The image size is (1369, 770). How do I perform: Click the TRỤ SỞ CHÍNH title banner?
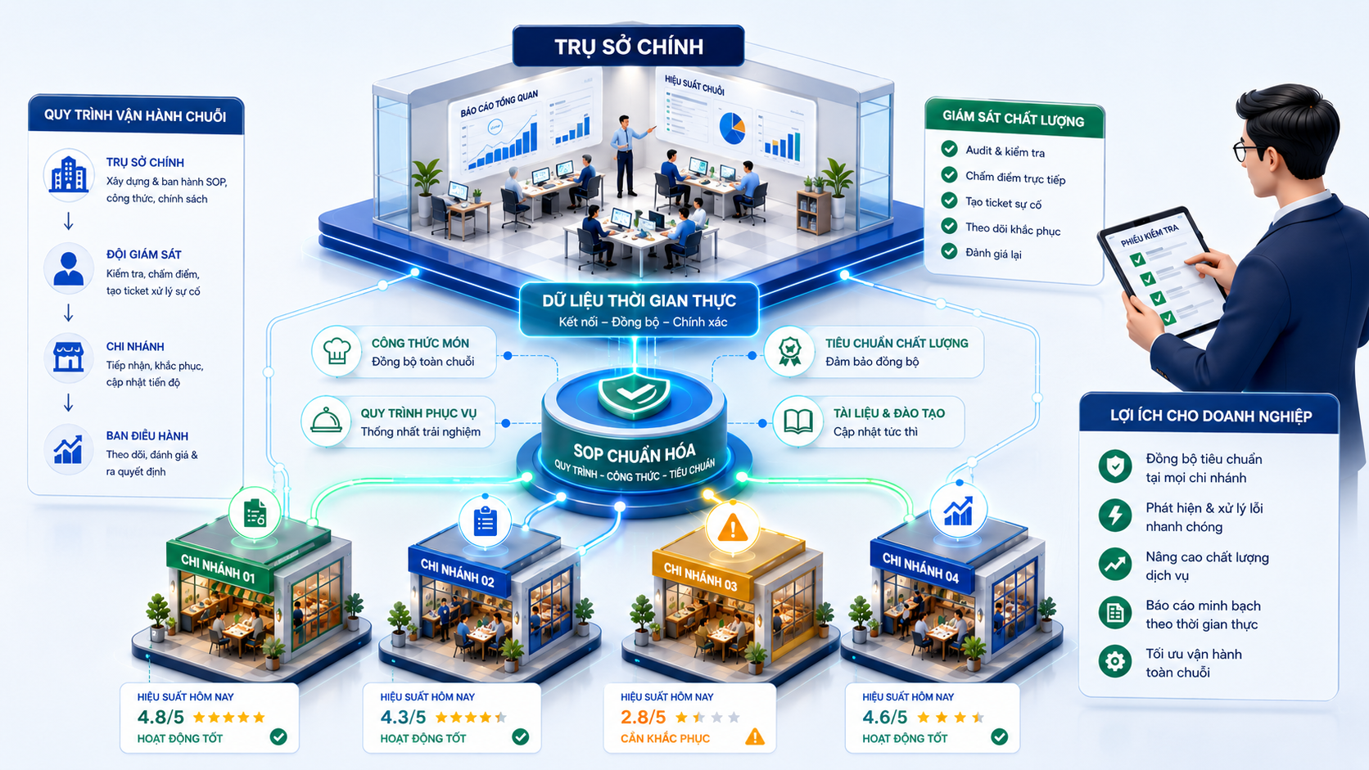(628, 46)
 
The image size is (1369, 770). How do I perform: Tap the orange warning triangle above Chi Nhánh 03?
(733, 528)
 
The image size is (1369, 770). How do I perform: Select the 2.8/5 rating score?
(643, 717)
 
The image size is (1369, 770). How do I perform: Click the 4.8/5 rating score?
(160, 717)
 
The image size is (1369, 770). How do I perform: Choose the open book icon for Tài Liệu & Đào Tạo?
(798, 422)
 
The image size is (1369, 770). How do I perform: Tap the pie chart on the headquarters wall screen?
(732, 128)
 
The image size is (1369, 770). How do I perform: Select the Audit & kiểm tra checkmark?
(949, 149)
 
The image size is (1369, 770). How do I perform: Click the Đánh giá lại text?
(993, 254)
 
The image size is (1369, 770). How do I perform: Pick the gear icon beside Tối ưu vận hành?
(1114, 661)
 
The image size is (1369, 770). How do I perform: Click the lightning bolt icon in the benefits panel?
(1114, 515)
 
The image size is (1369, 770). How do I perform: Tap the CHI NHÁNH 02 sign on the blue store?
(458, 573)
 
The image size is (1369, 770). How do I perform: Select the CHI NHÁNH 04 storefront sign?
(920, 568)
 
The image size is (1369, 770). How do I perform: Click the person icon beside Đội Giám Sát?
(69, 268)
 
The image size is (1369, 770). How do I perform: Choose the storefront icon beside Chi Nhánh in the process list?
(69, 358)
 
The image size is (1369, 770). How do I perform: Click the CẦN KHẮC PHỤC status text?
(665, 738)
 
